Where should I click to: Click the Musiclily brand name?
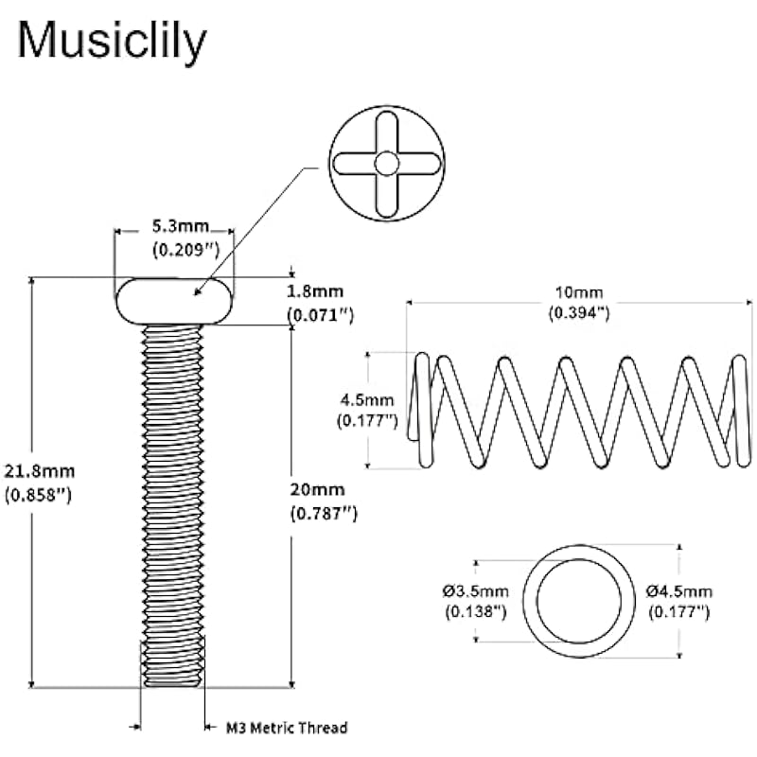[x=112, y=42]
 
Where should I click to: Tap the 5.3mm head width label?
[x=173, y=228]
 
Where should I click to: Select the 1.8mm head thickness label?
[x=319, y=293]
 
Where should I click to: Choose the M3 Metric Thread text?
[x=286, y=728]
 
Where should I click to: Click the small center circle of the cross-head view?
[x=385, y=164]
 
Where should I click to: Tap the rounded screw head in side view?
[x=173, y=301]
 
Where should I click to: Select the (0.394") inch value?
[x=578, y=314]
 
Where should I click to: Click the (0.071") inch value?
[x=320, y=316]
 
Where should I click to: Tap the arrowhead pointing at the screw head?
[x=199, y=292]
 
